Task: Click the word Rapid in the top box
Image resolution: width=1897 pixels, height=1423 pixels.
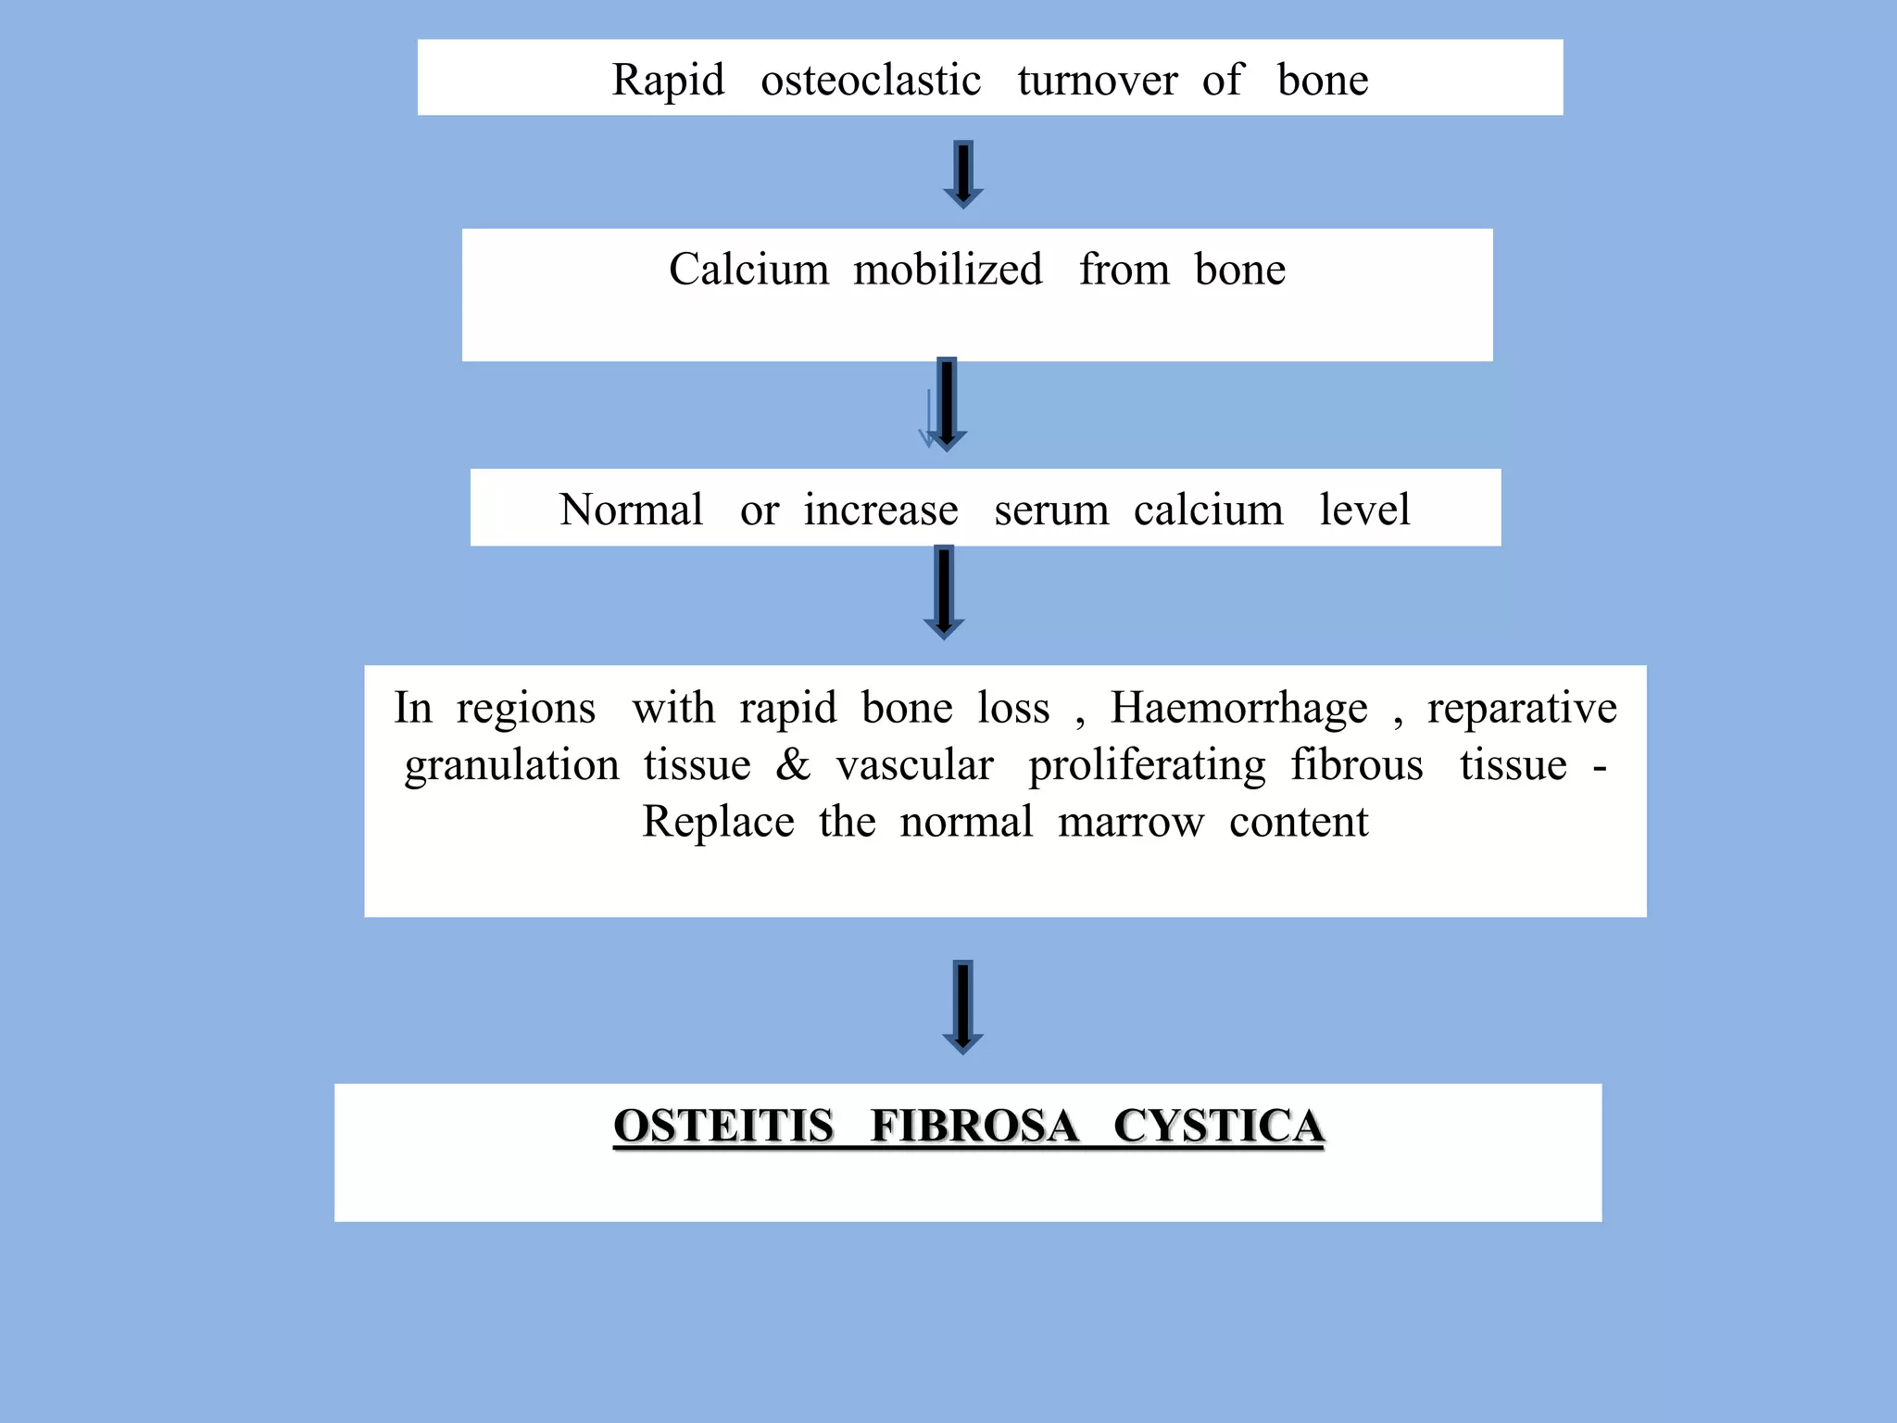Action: pyautogui.click(x=668, y=81)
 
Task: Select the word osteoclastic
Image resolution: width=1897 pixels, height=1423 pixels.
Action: pyautogui.click(x=871, y=81)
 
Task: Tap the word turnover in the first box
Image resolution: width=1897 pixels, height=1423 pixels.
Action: pyautogui.click(x=1097, y=81)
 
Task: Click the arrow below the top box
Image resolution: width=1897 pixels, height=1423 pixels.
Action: pyautogui.click(x=963, y=174)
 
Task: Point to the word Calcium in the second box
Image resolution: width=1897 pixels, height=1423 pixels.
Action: pyautogui.click(x=748, y=270)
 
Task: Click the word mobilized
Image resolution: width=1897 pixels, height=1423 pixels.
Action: pyautogui.click(x=948, y=270)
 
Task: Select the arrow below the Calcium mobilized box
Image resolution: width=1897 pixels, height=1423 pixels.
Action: pyautogui.click(x=946, y=404)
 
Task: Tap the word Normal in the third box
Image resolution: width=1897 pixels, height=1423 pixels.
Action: pyautogui.click(x=632, y=510)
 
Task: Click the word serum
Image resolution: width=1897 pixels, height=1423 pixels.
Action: pyautogui.click(x=1051, y=510)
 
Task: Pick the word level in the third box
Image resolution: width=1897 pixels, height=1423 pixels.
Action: pyautogui.click(x=1364, y=510)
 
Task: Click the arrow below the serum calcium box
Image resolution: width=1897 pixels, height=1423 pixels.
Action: pyautogui.click(x=944, y=592)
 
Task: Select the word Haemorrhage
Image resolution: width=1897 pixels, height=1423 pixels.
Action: pyautogui.click(x=1238, y=709)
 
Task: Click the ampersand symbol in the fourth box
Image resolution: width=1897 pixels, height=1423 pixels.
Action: pyautogui.click(x=793, y=765)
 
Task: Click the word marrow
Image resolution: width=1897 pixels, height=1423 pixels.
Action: pyautogui.click(x=1131, y=823)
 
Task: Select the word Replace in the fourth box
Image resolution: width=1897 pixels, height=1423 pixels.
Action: pyautogui.click(x=718, y=823)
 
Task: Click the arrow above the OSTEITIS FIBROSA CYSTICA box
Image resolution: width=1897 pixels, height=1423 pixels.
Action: pyautogui.click(x=963, y=1006)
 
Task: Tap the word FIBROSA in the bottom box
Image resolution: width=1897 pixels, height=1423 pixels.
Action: pyautogui.click(x=974, y=1126)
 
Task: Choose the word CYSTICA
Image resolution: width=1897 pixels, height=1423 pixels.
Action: pyautogui.click(x=1218, y=1126)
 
